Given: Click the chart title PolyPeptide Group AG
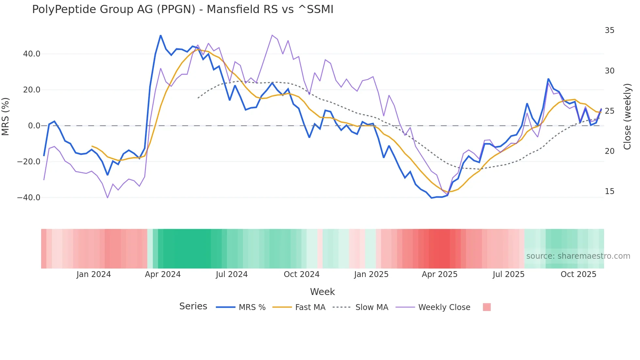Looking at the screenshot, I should [x=183, y=9].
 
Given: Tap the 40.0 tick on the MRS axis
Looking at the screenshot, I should [x=32, y=54].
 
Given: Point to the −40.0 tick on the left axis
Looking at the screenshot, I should [x=29, y=198].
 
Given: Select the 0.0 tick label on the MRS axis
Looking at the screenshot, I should [x=34, y=126].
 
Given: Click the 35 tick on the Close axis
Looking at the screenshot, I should [x=609, y=30].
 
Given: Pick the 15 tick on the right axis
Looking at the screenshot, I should [x=609, y=191].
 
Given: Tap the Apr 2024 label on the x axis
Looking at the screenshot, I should [x=163, y=274].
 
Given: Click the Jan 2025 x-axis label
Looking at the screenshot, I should [x=371, y=274].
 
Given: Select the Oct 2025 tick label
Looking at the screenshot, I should [x=578, y=274].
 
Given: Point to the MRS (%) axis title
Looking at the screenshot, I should [x=6, y=116].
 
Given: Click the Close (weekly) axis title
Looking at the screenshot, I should [x=627, y=117].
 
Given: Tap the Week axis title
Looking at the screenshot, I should [x=322, y=292].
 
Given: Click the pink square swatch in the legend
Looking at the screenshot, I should [x=487, y=307].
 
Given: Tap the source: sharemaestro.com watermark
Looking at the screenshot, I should [x=578, y=256].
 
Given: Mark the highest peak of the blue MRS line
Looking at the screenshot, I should [x=161, y=35].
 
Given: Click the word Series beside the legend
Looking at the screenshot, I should [x=193, y=306].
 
